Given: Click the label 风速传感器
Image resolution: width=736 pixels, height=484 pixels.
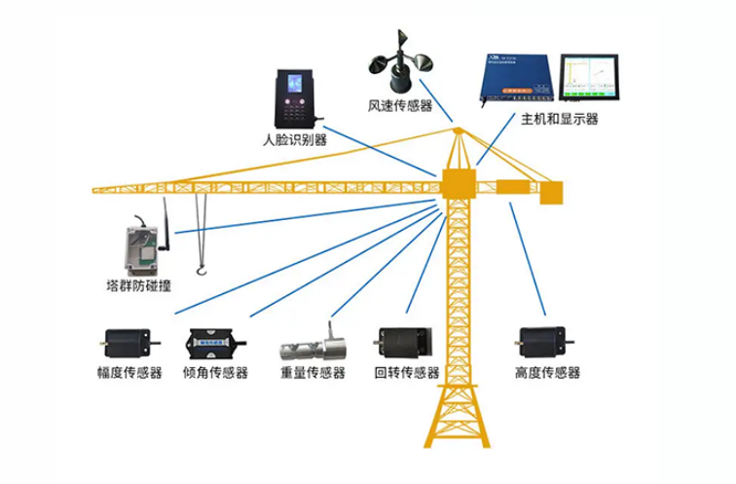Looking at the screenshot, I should click(399, 106).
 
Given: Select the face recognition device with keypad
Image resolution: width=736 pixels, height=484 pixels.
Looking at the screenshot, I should click(294, 98).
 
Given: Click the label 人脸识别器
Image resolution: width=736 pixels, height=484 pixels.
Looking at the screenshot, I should click(294, 140).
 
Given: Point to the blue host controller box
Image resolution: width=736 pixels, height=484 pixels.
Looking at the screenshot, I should click(516, 79).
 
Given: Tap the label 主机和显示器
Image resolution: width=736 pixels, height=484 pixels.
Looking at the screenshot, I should click(559, 120).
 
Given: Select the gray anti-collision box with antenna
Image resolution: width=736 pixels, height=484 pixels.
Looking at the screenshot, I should click(141, 245).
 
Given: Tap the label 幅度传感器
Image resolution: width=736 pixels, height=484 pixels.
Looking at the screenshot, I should click(129, 373).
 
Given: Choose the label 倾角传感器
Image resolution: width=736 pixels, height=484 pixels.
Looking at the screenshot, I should click(215, 373).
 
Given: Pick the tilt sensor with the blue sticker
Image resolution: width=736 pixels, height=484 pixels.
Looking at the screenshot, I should click(215, 343).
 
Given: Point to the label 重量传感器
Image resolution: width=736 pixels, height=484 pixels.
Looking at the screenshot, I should click(313, 373).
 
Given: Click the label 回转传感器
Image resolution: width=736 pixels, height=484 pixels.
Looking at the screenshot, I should click(406, 373).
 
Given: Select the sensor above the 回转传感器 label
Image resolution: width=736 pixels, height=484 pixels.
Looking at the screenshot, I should click(402, 343).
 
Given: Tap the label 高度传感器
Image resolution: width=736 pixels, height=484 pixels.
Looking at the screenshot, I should click(546, 373).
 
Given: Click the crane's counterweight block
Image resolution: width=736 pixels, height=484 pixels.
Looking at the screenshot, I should click(551, 193).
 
